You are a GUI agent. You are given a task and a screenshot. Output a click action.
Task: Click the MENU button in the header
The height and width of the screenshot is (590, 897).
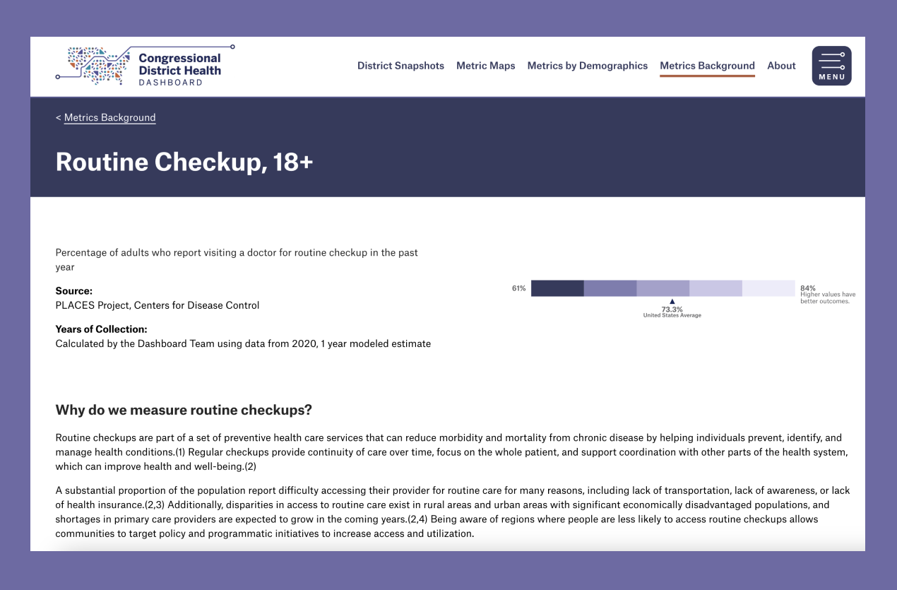click(831, 66)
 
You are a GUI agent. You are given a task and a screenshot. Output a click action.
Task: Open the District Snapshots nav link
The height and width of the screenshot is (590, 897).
click(400, 66)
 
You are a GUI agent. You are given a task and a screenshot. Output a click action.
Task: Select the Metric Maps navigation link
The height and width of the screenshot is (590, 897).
click(485, 66)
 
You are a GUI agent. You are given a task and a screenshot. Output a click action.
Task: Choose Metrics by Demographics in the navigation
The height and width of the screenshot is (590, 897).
click(587, 66)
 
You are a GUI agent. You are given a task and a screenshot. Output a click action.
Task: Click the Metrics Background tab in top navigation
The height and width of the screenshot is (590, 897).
click(707, 66)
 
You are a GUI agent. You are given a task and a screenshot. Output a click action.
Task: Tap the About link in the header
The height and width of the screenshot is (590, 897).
click(781, 66)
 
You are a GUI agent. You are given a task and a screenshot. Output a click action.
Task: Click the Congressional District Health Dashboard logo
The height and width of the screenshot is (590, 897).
click(145, 66)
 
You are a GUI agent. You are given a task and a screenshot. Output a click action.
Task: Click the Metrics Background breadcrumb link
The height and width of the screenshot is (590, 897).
click(109, 118)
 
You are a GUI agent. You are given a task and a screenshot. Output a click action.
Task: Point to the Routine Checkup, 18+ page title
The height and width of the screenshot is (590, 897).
click(184, 163)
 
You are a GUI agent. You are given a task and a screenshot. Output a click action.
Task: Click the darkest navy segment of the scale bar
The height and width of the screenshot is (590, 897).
click(557, 288)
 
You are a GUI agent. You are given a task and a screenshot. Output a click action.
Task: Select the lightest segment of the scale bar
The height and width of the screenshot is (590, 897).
click(768, 288)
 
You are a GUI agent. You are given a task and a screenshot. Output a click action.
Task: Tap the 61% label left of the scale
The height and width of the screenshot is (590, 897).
click(519, 288)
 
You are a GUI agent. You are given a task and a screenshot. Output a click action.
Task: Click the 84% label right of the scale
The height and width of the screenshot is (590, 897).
click(808, 288)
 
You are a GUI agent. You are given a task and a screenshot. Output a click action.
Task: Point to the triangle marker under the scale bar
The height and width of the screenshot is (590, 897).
click(672, 302)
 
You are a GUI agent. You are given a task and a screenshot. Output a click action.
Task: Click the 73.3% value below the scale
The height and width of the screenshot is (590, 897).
click(672, 309)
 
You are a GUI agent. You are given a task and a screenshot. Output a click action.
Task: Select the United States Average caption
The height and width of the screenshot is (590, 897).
click(672, 316)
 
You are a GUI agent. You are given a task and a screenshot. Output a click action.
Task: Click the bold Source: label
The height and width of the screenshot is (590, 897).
click(74, 291)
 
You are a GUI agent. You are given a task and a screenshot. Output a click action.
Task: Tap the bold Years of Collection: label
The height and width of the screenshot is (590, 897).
click(101, 329)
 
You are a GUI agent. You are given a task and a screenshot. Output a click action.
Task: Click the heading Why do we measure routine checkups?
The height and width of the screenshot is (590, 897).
click(184, 411)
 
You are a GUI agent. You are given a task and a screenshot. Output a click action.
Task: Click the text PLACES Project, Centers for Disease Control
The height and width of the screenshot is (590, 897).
click(158, 306)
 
